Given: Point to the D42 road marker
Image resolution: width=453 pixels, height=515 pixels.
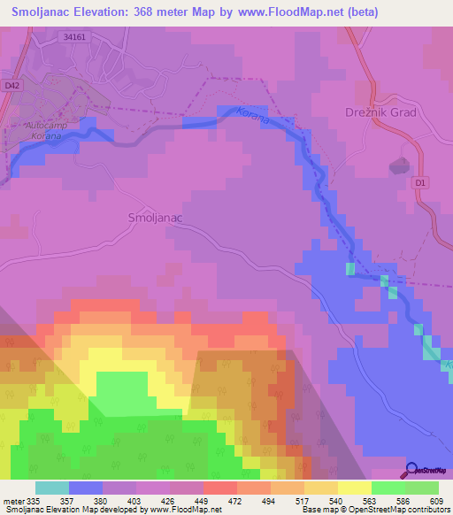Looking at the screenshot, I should (x=11, y=85).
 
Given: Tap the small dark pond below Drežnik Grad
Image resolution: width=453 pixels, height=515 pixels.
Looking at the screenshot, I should (x=399, y=165).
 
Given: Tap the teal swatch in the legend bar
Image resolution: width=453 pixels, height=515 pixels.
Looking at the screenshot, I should (x=52, y=488).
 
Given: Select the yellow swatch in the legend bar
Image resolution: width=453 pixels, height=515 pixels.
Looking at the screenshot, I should (x=355, y=488).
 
